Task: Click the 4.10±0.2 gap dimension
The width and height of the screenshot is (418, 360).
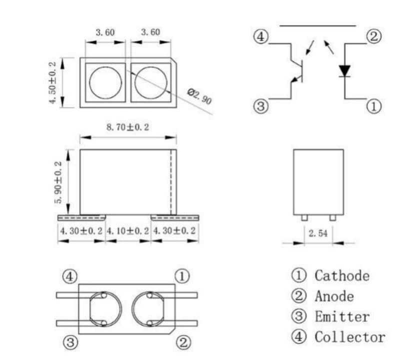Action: click(x=128, y=231)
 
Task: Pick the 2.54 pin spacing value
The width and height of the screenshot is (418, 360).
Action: click(x=318, y=233)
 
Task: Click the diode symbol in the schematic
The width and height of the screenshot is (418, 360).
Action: click(x=344, y=71)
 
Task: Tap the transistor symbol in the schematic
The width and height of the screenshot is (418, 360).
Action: click(x=298, y=70)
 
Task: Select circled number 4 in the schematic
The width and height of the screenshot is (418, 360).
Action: click(x=260, y=37)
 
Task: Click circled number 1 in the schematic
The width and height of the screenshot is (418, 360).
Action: click(x=375, y=106)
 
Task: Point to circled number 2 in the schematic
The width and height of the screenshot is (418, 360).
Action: click(x=375, y=37)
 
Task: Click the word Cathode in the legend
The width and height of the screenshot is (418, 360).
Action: click(x=342, y=275)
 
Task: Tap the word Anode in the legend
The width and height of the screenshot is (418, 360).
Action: click(x=334, y=296)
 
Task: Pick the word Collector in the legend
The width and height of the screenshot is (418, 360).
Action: click(x=349, y=337)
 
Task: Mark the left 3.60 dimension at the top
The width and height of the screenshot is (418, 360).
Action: click(x=105, y=32)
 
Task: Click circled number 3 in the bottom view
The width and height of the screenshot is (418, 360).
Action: click(x=70, y=342)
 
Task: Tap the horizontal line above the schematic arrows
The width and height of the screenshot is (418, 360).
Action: click(x=317, y=24)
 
